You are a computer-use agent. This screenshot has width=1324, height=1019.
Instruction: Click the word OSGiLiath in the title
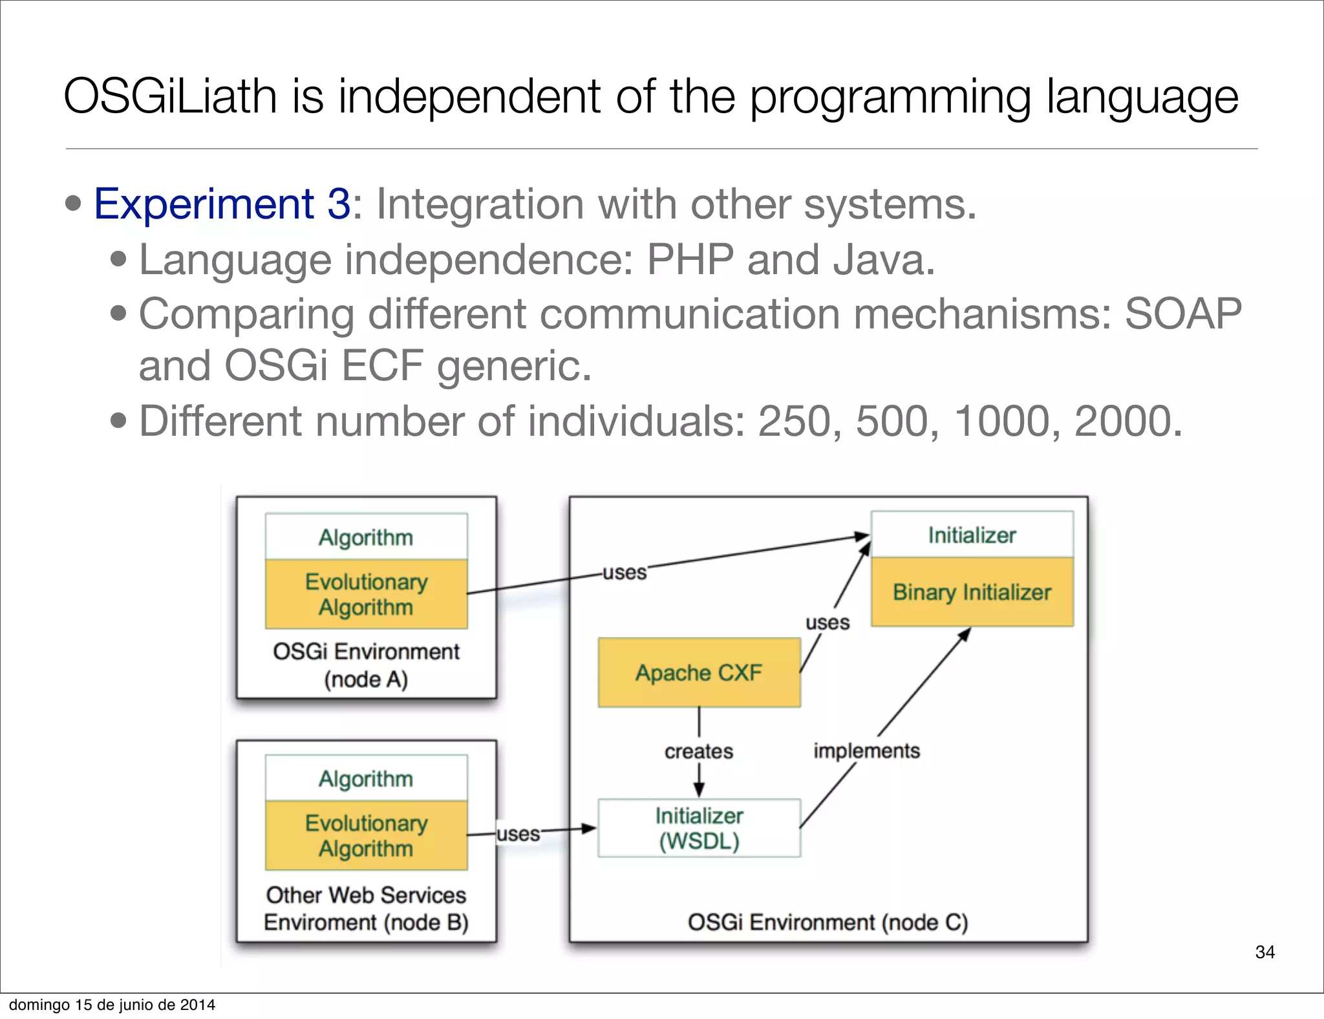[x=171, y=97]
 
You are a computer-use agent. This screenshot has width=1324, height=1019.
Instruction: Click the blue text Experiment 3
[x=222, y=204]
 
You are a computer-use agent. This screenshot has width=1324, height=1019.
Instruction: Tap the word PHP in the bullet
[x=690, y=260]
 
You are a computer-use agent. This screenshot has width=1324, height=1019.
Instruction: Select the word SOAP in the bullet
[x=1182, y=314]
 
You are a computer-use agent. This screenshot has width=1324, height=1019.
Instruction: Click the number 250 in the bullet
[x=794, y=422]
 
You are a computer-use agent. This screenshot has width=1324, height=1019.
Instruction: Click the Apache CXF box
[x=699, y=672]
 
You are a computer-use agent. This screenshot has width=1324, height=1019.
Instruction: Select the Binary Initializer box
[x=972, y=592]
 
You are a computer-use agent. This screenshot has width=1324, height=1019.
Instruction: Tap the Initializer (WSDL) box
[x=699, y=828]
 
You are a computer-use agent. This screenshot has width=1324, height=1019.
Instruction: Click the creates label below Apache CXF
[x=699, y=751]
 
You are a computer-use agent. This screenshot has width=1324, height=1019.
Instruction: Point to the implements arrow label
[x=866, y=751]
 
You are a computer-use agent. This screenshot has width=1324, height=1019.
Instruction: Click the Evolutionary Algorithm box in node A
[x=366, y=594]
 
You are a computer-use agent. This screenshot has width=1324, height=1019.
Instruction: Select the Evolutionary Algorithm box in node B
[x=366, y=835]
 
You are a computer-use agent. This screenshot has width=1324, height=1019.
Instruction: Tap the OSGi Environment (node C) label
[x=827, y=922]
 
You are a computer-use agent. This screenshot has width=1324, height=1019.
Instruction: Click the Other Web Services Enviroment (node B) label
[x=366, y=908]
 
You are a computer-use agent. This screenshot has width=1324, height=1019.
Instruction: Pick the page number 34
[x=1265, y=952]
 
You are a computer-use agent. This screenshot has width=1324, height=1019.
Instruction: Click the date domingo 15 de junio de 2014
[x=112, y=1005]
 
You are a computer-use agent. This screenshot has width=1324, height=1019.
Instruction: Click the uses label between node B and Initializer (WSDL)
[x=518, y=834]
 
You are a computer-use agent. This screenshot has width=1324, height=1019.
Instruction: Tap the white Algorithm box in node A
[x=366, y=537]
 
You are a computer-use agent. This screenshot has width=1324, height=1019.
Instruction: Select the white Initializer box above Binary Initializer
[x=972, y=535]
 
